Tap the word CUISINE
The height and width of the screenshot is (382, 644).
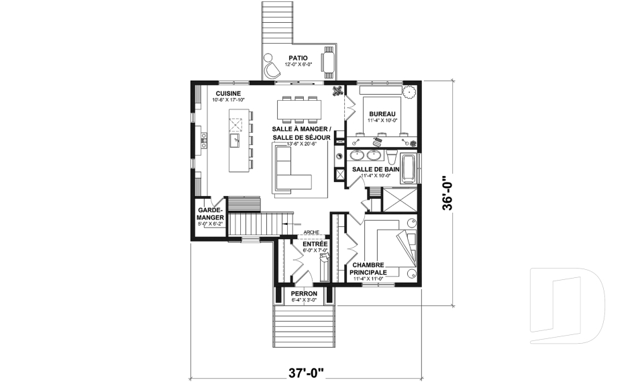pyautogui.click(x=228, y=93)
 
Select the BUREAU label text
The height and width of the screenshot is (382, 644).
pyautogui.click(x=382, y=114)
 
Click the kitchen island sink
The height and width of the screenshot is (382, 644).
pyautogui.click(x=236, y=140)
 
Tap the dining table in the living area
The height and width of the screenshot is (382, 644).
pyautogui.click(x=299, y=107)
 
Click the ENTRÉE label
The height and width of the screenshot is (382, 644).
pyautogui.click(x=315, y=244)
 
